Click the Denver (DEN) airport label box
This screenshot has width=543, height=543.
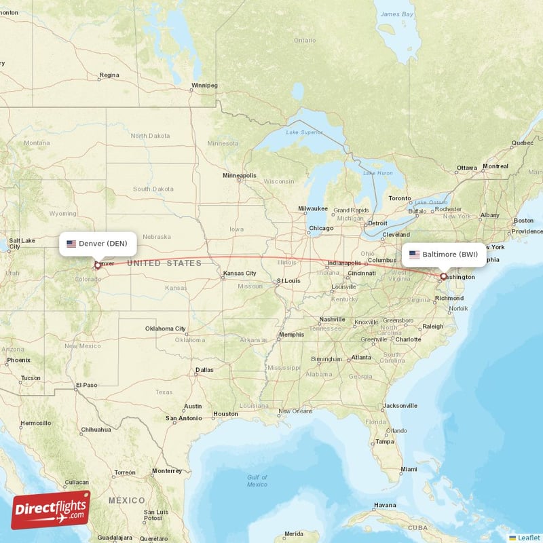click(x=98, y=244)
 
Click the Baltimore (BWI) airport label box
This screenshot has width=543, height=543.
click(x=444, y=255)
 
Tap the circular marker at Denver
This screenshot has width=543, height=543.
click(x=97, y=265)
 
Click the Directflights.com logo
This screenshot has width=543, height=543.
click(x=51, y=510)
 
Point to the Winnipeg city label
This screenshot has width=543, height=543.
click(x=204, y=86)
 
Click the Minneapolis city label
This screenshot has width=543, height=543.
click(x=240, y=176)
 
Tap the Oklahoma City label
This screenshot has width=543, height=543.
click(x=165, y=329)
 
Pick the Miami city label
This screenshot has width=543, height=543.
click(x=409, y=469)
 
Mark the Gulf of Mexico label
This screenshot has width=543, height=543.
click(x=257, y=481)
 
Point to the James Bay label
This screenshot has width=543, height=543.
click(x=397, y=14)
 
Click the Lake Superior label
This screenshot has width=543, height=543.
click(x=303, y=132)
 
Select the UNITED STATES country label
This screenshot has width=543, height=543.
click(x=164, y=263)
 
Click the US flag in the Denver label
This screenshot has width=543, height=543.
click(x=71, y=244)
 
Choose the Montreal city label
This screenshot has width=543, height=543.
click(x=495, y=166)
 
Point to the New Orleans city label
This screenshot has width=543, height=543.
click(x=295, y=411)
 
